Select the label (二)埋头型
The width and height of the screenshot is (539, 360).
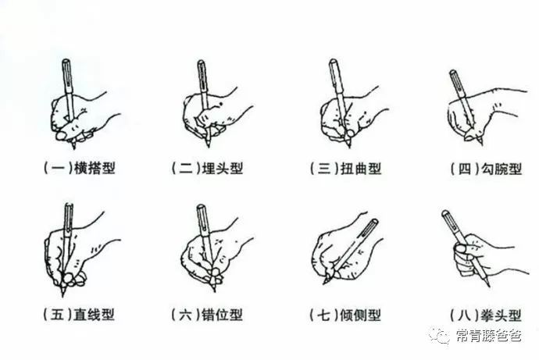pos(208,168)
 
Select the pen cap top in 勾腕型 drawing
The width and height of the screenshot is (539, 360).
pos(453,73)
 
